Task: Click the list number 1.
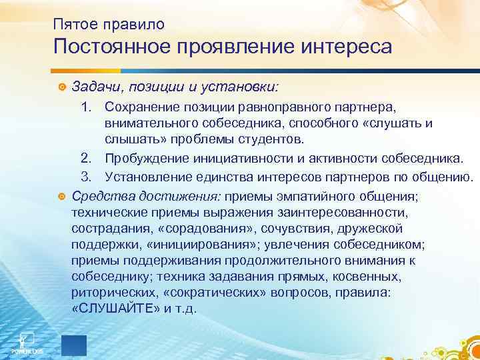tap(85, 107)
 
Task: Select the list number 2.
tap(85, 157)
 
